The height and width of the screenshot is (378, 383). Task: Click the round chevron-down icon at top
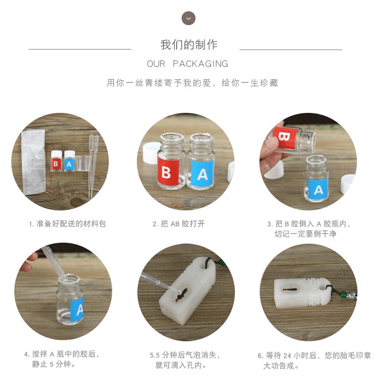coord(188,18)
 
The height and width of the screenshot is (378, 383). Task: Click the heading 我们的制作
coord(189,45)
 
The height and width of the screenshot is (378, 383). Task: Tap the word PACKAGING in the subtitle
coord(200,64)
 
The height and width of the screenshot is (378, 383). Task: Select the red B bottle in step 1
coord(56,160)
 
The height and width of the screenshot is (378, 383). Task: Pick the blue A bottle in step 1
coord(69,160)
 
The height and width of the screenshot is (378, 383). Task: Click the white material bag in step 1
coord(34,162)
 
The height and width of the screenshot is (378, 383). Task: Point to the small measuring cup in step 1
coord(83,163)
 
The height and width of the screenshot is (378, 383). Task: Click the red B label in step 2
coord(168,172)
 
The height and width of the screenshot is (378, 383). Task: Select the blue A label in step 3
coord(318,190)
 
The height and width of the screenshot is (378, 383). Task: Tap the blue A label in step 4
coord(77,309)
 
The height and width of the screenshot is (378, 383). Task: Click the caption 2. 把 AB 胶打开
coord(179,224)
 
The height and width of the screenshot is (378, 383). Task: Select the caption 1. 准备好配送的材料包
coord(67,224)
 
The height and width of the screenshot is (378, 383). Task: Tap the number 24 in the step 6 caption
coord(287,356)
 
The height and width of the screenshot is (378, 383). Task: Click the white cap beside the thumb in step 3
coord(274,169)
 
